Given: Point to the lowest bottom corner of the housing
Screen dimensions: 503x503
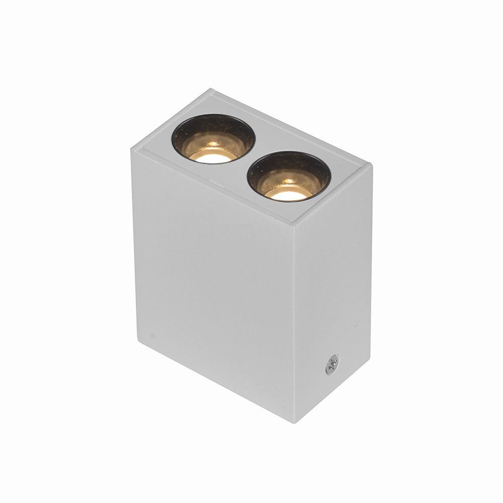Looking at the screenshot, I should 294,422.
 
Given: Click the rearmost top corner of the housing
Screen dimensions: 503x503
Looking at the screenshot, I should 210,90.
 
